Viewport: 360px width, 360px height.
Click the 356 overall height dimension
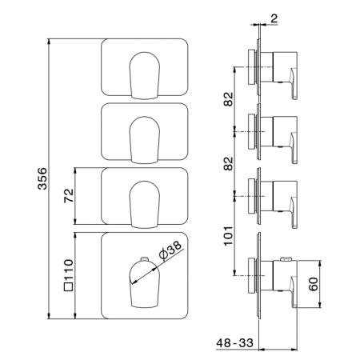42,178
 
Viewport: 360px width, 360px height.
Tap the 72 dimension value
69,196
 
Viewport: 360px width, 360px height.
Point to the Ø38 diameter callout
170,250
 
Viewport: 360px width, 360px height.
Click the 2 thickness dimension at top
274,18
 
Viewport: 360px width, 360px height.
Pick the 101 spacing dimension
228,236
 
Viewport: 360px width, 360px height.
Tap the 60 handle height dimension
313,284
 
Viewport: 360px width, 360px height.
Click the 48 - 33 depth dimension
234,342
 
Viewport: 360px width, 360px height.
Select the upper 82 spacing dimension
228,99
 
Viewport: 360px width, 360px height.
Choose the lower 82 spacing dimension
228,163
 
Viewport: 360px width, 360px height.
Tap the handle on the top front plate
145,76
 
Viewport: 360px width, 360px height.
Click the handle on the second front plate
145,140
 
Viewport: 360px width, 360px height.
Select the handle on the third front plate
145,205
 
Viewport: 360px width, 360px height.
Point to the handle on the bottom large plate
145,284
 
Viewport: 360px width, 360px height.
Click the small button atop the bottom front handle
144,258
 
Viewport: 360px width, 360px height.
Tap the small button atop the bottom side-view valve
286,258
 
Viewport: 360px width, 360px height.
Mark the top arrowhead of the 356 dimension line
49,42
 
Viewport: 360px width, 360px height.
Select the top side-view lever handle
294,83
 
